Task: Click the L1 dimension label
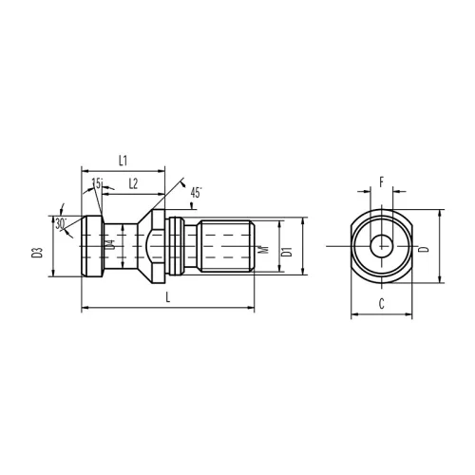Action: tap(123, 161)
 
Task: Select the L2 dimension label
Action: tap(133, 183)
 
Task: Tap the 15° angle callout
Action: tap(98, 182)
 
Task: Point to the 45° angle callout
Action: tap(196, 193)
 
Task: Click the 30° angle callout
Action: tap(61, 223)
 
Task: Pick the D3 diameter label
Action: tap(37, 253)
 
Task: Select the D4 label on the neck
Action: tap(110, 245)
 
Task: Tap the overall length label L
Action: tap(168, 297)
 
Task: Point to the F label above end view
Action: tap(382, 182)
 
